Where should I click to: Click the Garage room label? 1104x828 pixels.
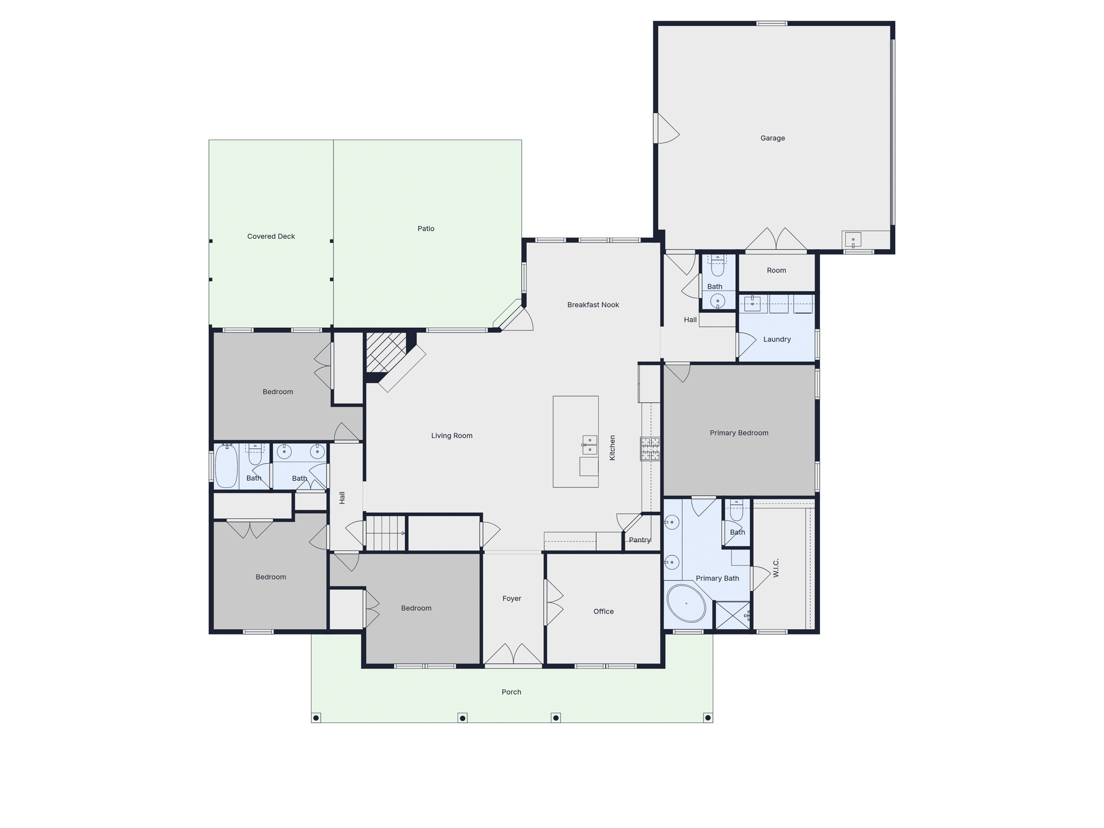pos(772,138)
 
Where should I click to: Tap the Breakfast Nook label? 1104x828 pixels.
pos(593,305)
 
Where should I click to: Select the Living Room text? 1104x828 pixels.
pos(452,436)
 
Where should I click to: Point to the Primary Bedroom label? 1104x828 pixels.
pos(739,433)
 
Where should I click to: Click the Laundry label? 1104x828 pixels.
pos(777,339)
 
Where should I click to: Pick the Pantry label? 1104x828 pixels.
pos(640,540)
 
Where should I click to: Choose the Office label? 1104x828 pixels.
pos(604,611)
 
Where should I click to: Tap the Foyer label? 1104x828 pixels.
pos(512,598)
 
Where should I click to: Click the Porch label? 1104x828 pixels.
pos(512,692)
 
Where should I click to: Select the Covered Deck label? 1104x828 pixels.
pos(271,236)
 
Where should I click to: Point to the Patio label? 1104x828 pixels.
pos(426,229)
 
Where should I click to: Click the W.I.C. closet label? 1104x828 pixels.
pos(776,568)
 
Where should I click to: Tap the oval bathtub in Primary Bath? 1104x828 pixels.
pos(686,603)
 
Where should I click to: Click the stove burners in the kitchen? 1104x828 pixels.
pos(650,448)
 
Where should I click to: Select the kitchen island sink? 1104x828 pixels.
pos(590,445)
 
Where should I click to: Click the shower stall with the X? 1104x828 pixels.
pos(732,615)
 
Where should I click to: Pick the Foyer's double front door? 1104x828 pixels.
pos(513,654)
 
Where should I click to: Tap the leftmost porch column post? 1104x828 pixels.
pos(316,717)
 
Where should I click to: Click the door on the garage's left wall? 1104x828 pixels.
pos(666,128)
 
